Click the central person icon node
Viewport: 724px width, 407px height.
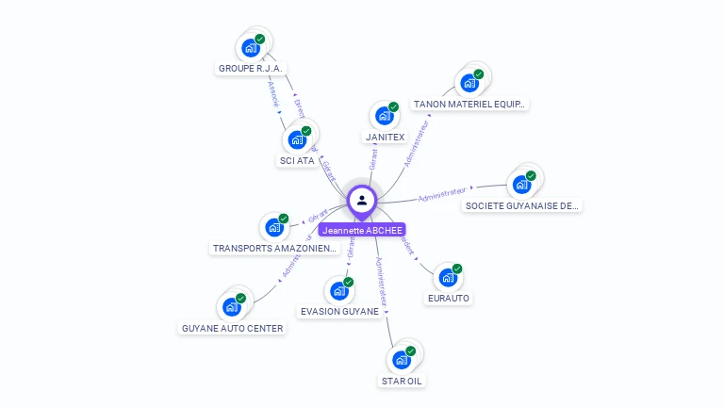pos(362,200)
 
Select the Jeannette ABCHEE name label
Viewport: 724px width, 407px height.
pos(362,230)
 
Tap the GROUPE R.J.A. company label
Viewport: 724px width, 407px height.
pos(251,68)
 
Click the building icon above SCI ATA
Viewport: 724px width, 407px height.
pos(298,139)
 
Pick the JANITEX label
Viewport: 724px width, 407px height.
pos(385,137)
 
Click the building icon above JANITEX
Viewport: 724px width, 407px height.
pos(384,116)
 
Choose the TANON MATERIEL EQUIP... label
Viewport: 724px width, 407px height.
pos(469,104)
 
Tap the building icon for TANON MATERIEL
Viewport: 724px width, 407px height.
pos(469,83)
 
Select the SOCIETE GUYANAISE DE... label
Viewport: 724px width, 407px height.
pos(522,205)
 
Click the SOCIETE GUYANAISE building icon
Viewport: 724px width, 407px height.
pos(521,184)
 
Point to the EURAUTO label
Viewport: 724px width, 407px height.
pos(448,298)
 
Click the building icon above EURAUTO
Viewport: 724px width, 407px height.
pos(448,278)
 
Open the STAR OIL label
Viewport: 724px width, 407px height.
pos(402,381)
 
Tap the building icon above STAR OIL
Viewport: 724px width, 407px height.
pos(402,360)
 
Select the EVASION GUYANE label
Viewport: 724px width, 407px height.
pos(339,311)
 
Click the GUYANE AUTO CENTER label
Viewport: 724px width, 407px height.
pos(232,328)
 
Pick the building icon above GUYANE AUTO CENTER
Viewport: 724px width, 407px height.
pos(232,306)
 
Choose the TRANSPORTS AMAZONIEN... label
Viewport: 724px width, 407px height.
pos(274,248)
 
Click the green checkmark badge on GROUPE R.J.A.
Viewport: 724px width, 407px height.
pos(260,40)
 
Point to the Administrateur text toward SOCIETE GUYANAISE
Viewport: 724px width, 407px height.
pos(442,196)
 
